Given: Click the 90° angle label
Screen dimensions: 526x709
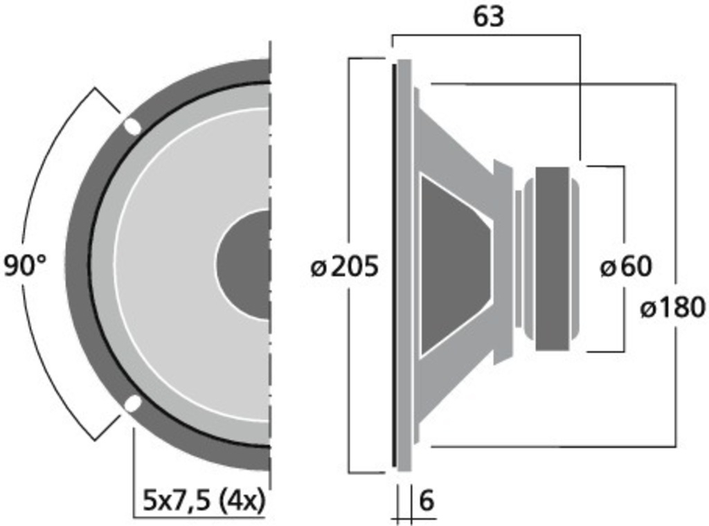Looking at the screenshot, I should (25, 266).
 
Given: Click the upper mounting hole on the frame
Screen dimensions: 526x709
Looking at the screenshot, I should (131, 126).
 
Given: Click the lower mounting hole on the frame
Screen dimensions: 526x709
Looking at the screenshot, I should (132, 404).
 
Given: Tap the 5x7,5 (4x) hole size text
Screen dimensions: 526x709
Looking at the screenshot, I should (204, 500).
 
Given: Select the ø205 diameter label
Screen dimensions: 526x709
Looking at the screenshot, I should (345, 266).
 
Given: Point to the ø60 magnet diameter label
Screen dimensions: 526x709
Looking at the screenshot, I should (625, 266).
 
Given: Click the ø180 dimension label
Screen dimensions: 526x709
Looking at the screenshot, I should (672, 307).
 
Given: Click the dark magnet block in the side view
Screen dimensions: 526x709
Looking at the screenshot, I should (553, 259).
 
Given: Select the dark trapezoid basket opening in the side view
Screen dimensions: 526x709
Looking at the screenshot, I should (454, 266).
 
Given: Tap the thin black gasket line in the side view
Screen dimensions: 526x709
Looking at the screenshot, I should (395, 266).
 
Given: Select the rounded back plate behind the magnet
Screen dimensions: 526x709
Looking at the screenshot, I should (574, 259).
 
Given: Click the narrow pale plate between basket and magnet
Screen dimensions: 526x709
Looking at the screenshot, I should (518, 259).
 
